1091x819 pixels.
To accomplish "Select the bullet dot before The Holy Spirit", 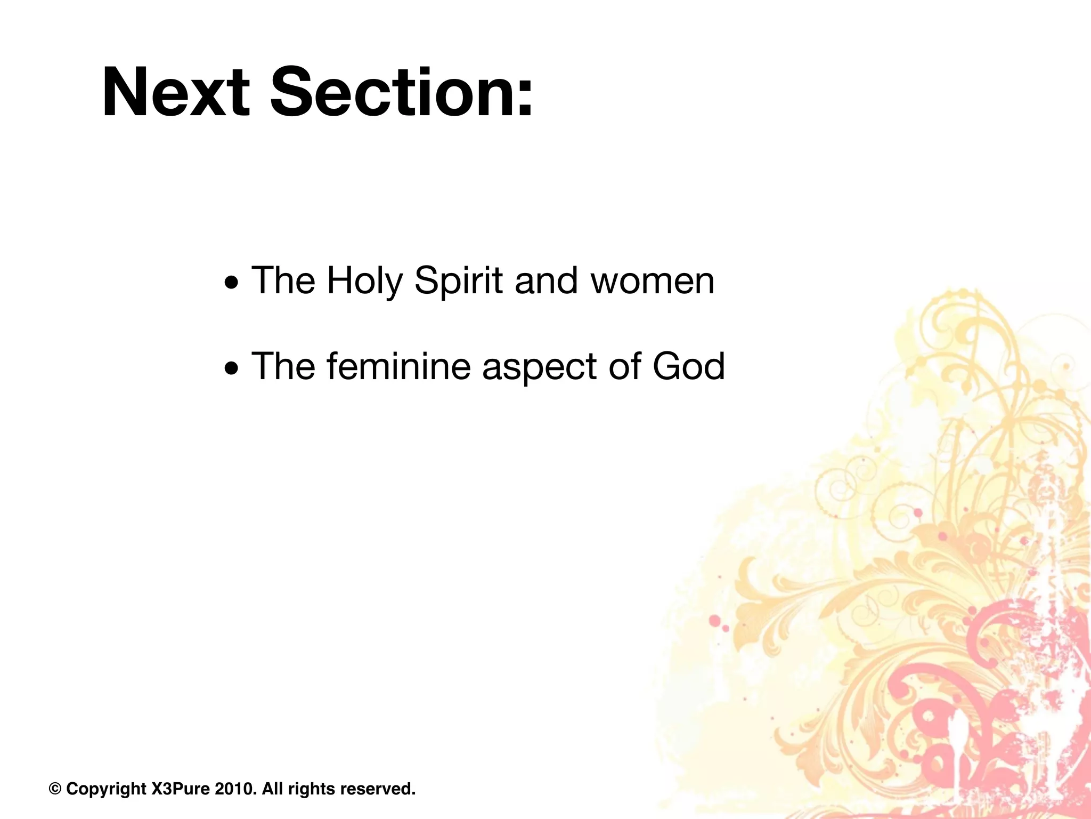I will tap(231, 282).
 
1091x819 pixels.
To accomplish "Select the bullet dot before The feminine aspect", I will tap(231, 368).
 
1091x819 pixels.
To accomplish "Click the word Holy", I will tap(364, 281).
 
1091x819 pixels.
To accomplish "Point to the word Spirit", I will tap(458, 281).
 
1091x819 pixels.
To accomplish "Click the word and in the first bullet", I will tap(546, 281).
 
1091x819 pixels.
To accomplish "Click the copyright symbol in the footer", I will tap(55, 789).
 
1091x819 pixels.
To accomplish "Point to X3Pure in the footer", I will tap(181, 789).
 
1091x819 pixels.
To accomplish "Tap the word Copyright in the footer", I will tap(106, 789).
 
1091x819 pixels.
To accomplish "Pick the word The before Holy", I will tap(283, 281).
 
